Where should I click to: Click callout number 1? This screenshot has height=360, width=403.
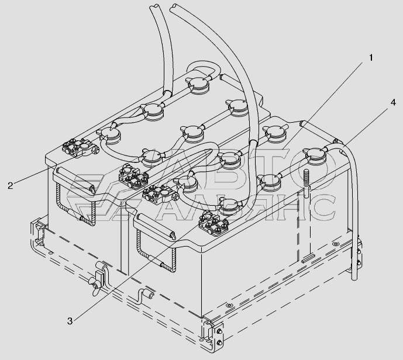point(371,58)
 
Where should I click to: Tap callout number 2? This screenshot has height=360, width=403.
point(11,185)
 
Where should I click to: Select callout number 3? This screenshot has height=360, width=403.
point(70,321)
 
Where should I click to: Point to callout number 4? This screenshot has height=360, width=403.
point(392,102)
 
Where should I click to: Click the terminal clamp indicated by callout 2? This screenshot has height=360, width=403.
point(80,148)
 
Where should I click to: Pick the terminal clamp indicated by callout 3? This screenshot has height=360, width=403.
point(214,221)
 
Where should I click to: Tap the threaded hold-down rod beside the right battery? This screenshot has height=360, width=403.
point(306,184)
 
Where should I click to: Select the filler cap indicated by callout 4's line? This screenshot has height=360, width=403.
point(316,155)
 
